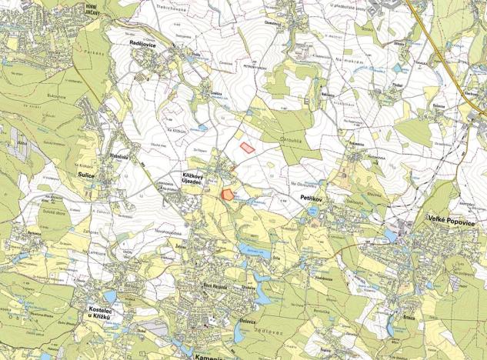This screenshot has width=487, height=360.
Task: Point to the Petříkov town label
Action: tap(310, 198)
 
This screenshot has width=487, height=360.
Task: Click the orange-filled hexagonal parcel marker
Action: tap(227, 195)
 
